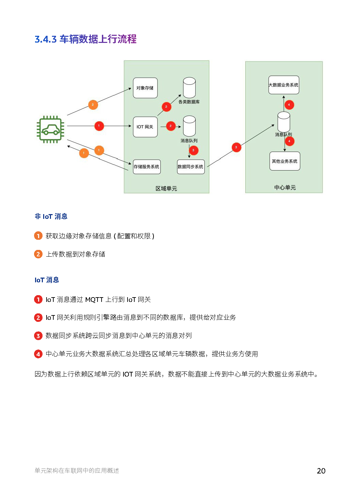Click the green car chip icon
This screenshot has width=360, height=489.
pyautogui.click(x=50, y=129)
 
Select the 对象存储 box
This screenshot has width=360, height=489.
pyautogui.click(x=145, y=88)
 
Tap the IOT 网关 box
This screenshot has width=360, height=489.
pyautogui.click(x=145, y=127)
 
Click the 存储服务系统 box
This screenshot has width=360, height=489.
pyautogui.click(x=146, y=167)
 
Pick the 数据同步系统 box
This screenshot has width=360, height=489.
pyautogui.click(x=191, y=167)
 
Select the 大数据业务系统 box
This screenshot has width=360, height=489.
pyautogui.click(x=283, y=85)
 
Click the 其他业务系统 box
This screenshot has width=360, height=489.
pyautogui.click(x=284, y=161)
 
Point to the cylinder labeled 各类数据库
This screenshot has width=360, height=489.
pyautogui.click(x=189, y=87)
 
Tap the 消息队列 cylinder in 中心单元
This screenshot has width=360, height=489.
pyautogui.click(x=283, y=122)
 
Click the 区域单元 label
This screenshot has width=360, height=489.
pyautogui.click(x=166, y=188)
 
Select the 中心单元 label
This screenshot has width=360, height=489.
pyautogui.click(x=285, y=187)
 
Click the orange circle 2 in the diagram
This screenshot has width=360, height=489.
pyautogui.click(x=93, y=105)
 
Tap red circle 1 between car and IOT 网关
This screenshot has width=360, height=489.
pyautogui.click(x=99, y=126)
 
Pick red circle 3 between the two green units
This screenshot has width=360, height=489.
pyautogui.click(x=236, y=147)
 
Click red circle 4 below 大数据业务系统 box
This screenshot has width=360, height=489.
pyautogui.click(x=289, y=105)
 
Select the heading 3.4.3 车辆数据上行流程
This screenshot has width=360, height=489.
pyautogui.click(x=85, y=39)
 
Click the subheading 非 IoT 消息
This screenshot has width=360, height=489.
pyautogui.click(x=51, y=216)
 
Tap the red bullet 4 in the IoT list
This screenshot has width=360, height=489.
pyautogui.click(x=38, y=354)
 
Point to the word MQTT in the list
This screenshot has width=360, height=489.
pyautogui.click(x=94, y=300)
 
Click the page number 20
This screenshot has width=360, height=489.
pyautogui.click(x=321, y=471)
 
